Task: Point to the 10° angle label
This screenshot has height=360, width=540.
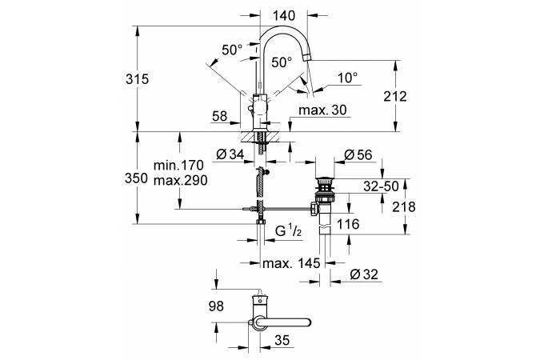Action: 346,78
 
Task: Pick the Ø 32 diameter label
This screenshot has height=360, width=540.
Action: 365,274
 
